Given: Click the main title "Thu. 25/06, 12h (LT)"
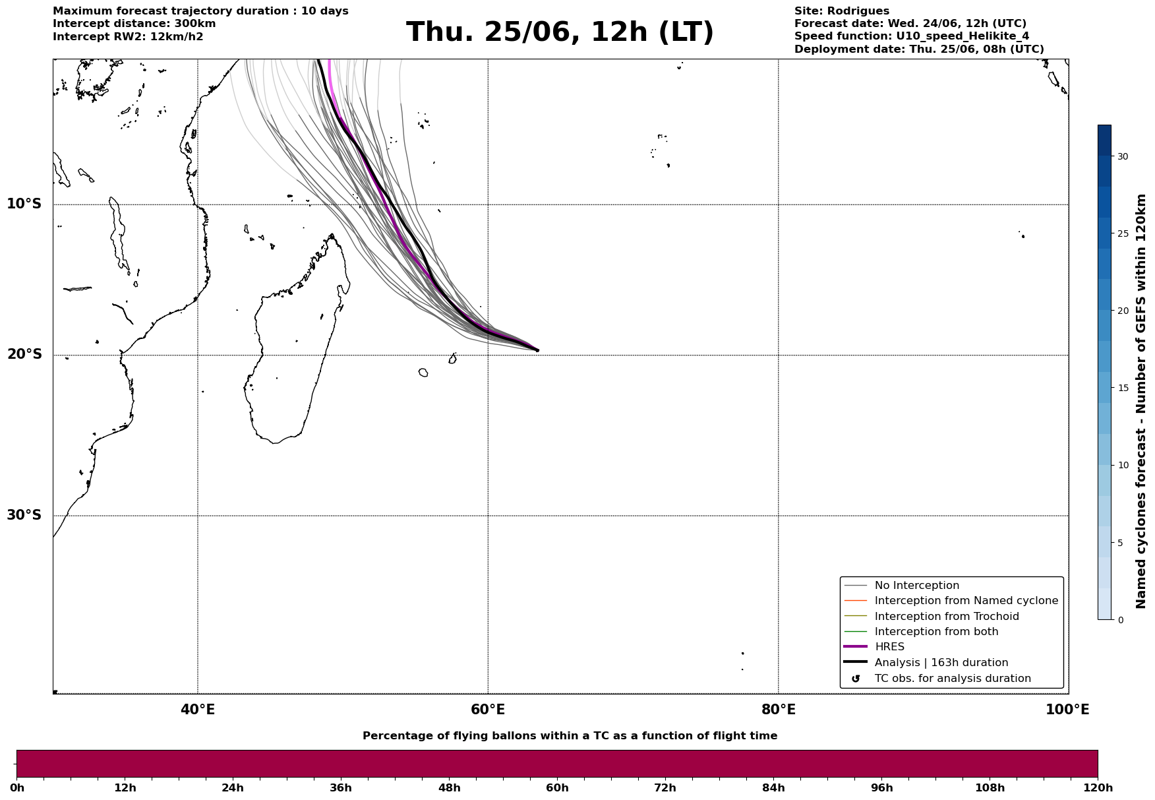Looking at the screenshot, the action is click(560, 33).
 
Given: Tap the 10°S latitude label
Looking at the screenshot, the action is click(24, 204).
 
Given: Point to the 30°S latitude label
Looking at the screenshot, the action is click(24, 515).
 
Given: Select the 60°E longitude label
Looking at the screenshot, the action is click(488, 710).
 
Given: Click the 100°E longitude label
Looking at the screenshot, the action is click(1067, 710).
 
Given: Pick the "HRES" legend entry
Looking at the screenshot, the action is click(889, 647).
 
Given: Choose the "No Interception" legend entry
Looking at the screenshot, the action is click(917, 586).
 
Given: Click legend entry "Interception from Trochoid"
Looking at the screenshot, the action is click(947, 617).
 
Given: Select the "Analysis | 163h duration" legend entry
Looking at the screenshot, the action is click(941, 663).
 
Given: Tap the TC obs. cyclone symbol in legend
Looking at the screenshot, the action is click(856, 679).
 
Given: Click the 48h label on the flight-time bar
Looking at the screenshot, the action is click(449, 788).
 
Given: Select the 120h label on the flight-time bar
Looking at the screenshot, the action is click(1098, 788).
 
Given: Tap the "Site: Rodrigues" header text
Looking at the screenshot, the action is click(842, 11).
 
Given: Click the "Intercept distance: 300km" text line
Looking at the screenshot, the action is click(134, 24).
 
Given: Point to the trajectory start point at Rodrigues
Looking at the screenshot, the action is click(537, 350).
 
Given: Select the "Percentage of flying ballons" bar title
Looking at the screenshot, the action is click(570, 736).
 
